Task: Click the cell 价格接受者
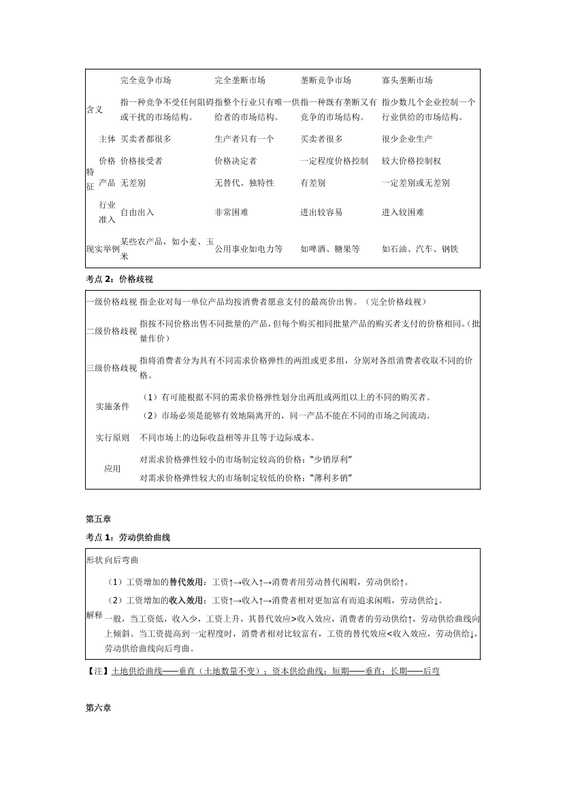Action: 142,161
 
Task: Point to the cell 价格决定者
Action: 236,161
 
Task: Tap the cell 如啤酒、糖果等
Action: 330,249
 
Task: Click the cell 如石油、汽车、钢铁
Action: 420,249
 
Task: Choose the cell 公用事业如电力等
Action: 248,249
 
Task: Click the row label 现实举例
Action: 102,249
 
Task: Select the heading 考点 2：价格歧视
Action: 121,279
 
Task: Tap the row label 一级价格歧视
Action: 112,302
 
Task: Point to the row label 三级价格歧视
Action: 112,368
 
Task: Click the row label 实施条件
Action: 112,406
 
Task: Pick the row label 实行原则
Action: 112,438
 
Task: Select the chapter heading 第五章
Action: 98,519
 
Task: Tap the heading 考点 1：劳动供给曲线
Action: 128,537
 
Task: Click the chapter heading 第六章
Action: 98,708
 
